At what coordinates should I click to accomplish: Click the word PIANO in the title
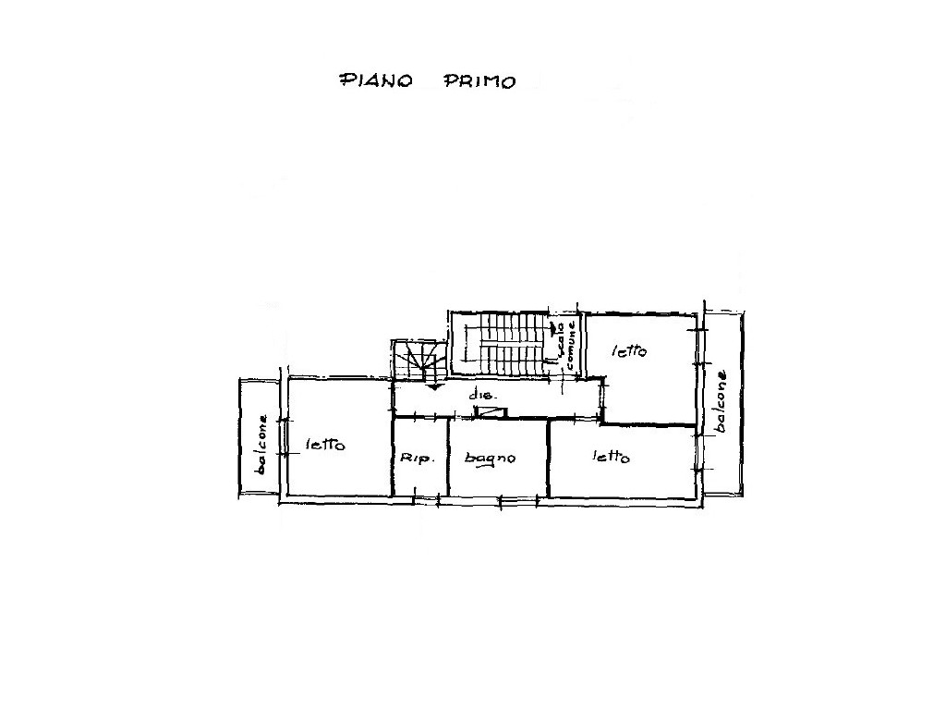(376, 81)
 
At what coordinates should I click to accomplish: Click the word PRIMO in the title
(479, 81)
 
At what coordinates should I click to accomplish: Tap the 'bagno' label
(490, 459)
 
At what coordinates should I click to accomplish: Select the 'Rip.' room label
(417, 459)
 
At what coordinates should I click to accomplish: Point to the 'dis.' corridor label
(482, 397)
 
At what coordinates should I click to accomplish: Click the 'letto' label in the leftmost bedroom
(325, 445)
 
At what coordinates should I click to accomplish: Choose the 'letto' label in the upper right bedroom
(629, 350)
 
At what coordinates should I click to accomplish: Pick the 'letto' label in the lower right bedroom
(611, 457)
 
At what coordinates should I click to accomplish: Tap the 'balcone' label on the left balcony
(261, 444)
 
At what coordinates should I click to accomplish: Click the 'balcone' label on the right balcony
(721, 401)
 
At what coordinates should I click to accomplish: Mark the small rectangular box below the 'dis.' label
(491, 412)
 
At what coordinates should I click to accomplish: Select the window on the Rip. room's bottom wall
(426, 498)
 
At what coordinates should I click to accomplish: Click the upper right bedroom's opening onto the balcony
(698, 347)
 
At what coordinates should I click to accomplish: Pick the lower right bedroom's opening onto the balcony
(698, 451)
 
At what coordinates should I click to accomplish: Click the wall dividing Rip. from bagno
(448, 457)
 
